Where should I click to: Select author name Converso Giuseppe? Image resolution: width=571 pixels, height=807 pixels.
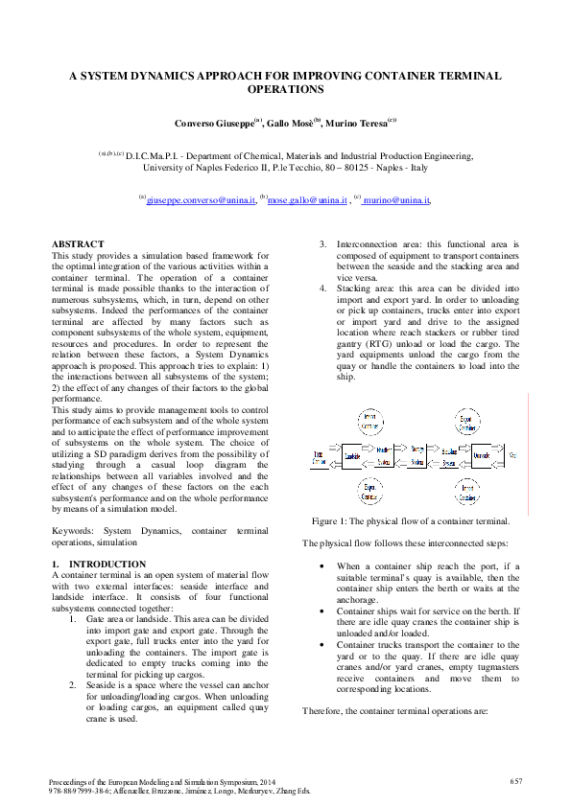click(x=206, y=125)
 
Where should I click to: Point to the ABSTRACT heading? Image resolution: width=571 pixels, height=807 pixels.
click(x=77, y=245)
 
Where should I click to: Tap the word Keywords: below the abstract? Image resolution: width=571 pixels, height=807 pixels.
click(x=73, y=530)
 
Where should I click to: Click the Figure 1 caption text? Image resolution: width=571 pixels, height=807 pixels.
click(x=411, y=521)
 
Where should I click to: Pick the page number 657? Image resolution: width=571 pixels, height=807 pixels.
click(x=515, y=782)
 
